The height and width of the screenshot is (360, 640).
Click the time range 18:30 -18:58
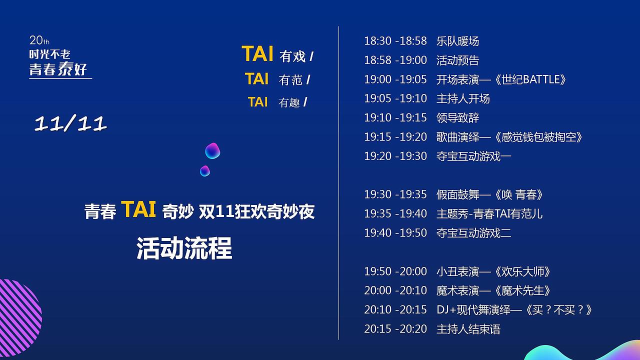pos(395,41)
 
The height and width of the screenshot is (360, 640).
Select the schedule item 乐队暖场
pos(457,41)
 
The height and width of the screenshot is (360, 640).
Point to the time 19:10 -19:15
pos(395,117)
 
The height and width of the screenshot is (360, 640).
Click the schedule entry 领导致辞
pos(457,118)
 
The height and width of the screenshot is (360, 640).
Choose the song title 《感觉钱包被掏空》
pos(537,137)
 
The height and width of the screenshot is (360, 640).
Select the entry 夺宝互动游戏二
pos(473,233)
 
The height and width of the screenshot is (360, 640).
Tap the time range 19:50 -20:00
pos(395,271)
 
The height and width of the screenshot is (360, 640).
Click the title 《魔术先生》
pos(521,291)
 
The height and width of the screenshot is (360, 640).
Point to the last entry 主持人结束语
pos(468,329)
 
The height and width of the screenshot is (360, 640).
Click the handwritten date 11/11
pos(70,123)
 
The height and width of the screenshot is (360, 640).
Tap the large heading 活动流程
pos(184,248)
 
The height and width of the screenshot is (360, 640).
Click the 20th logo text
pos(39,40)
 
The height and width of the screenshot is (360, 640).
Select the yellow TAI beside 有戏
pos(257,53)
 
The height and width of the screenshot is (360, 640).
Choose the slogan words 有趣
pos(289,102)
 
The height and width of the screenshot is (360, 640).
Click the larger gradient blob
pos(212,151)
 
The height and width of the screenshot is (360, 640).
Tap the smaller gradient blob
pos(205,171)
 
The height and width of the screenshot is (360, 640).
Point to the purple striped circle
pos(20,317)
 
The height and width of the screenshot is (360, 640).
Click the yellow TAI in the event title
pos(138,209)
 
